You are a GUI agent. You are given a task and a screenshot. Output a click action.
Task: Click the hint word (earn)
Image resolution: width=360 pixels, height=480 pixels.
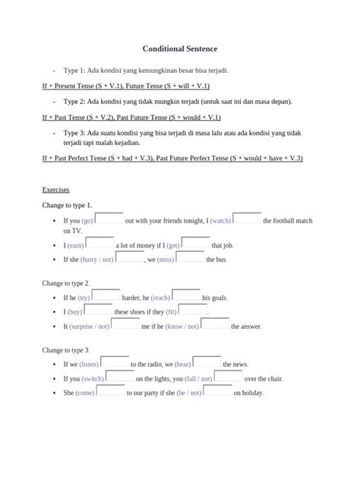point(75,245)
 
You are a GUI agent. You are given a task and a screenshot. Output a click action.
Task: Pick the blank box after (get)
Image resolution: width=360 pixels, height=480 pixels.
point(195,244)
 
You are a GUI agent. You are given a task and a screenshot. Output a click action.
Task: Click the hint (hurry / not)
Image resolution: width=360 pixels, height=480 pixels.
point(97,259)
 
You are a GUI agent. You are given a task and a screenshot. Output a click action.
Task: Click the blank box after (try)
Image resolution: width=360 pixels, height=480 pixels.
point(106,296)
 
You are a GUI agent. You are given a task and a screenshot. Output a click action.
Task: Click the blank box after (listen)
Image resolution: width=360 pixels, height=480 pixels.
point(115,362)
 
